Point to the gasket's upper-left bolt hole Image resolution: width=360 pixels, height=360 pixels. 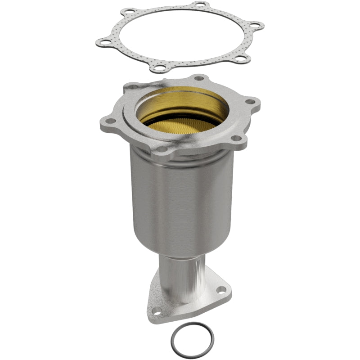click(129, 11)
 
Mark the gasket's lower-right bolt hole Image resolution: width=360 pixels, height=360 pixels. click(229, 58)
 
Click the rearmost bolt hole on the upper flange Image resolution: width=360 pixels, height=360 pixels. click(198, 78)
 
